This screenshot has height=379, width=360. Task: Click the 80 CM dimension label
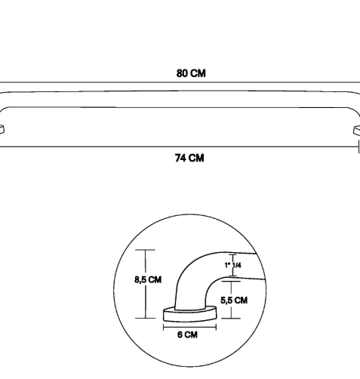click(x=191, y=73)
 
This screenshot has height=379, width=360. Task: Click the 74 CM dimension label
click(x=189, y=158)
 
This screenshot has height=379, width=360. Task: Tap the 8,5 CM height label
click(x=148, y=279)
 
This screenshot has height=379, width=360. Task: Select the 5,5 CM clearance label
click(x=234, y=300)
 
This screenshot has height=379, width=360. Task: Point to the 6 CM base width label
click(x=187, y=334)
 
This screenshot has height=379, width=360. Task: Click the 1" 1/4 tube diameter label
click(x=232, y=265)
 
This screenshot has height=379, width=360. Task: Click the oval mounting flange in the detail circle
click(x=189, y=314)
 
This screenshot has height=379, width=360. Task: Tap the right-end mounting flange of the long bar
click(x=357, y=131)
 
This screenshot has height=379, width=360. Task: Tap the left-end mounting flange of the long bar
click(x=2, y=130)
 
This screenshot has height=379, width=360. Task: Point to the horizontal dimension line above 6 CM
click(x=189, y=328)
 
